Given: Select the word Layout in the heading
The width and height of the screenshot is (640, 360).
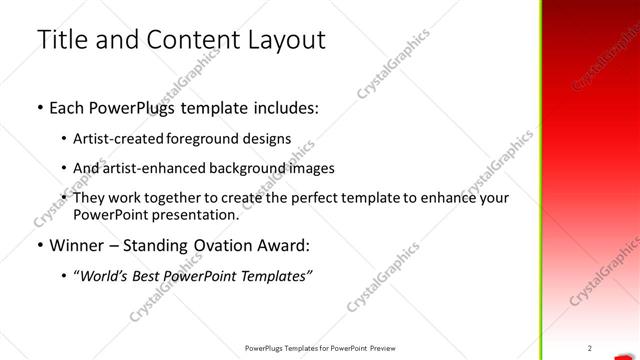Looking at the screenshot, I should (x=285, y=40).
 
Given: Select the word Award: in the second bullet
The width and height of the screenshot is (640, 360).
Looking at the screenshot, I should (x=283, y=245).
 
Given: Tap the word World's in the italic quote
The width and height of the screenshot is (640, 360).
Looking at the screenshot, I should (x=105, y=275).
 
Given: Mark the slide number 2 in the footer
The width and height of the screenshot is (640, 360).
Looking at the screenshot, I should (x=590, y=348).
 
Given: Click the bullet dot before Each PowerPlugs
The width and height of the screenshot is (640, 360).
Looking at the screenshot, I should (x=38, y=109).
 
